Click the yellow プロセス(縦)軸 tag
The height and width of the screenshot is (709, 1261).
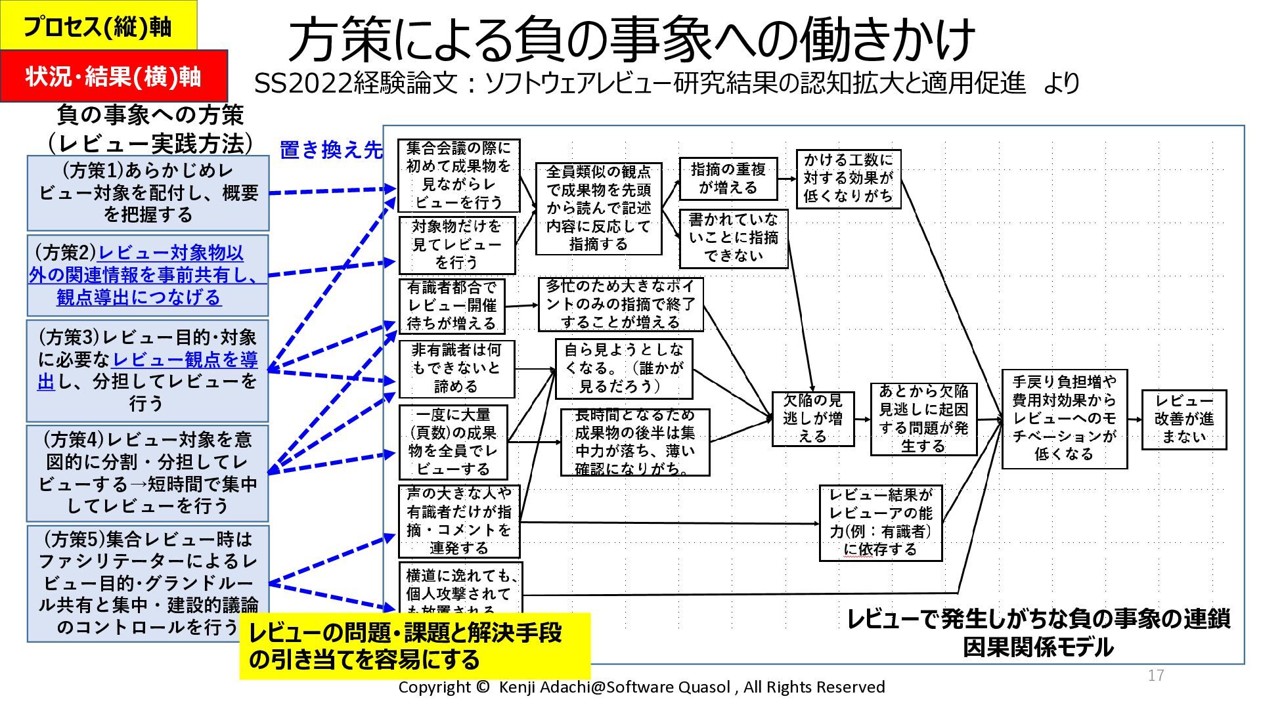(97, 26)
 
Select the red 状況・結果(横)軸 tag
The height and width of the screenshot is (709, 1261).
(113, 76)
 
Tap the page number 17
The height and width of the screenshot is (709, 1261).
(1156, 676)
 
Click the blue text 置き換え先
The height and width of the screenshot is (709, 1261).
(331, 150)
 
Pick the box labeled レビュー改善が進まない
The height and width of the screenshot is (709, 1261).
(1184, 419)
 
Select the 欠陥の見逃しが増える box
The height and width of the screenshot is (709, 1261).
(812, 418)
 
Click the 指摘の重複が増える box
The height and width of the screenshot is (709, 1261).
(728, 179)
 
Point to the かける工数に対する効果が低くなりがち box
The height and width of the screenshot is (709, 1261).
(848, 179)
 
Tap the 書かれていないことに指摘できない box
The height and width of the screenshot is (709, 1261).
(733, 238)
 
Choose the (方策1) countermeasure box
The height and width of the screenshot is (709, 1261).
(148, 193)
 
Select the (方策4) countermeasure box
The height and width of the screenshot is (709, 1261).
(148, 473)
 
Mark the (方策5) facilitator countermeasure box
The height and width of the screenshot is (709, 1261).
(148, 583)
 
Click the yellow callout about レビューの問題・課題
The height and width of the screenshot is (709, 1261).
(414, 646)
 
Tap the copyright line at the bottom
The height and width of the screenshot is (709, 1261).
(641, 687)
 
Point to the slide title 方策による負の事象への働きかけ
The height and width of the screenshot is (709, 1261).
(630, 39)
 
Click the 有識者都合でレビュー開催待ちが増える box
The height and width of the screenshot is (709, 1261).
(452, 306)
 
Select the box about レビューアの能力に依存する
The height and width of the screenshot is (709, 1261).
(880, 523)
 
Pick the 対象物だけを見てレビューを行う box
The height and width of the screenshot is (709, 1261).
(457, 245)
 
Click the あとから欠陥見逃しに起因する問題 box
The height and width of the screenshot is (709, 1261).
(923, 419)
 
